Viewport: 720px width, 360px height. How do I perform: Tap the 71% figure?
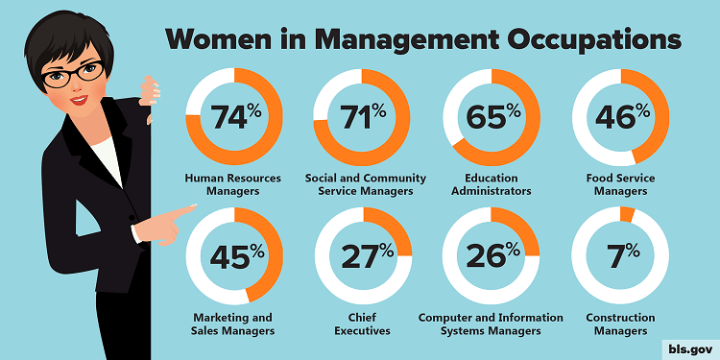[363, 118]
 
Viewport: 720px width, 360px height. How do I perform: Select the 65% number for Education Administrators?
[491, 118]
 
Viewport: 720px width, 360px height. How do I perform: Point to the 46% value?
[620, 118]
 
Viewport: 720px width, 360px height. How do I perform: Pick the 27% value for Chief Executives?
[363, 257]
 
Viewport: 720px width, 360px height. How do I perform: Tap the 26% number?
[491, 257]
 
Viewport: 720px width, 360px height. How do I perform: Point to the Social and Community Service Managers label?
[363, 184]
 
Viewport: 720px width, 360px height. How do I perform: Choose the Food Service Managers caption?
[620, 184]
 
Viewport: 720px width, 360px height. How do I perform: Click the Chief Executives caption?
[363, 323]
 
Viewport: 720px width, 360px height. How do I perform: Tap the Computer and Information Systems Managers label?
[491, 323]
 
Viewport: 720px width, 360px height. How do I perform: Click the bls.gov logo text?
[689, 345]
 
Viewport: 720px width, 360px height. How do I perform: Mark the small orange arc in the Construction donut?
[627, 213]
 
